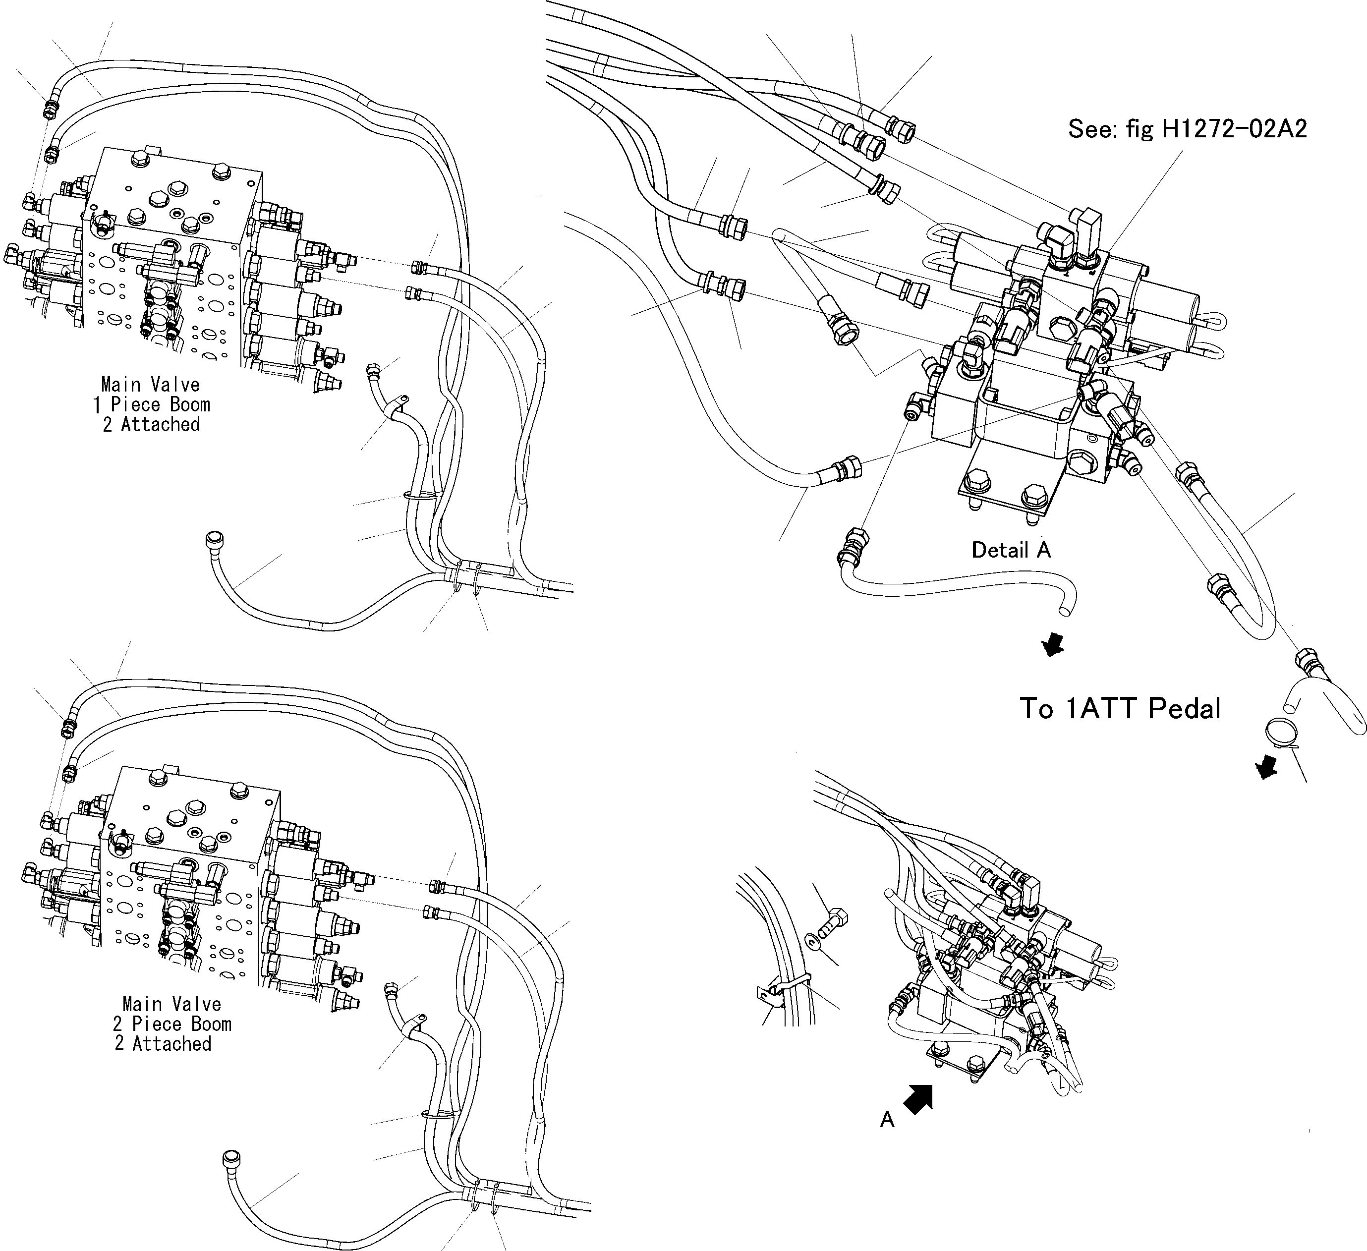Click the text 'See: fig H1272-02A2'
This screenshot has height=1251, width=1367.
(1187, 129)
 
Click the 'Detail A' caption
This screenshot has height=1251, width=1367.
(1011, 550)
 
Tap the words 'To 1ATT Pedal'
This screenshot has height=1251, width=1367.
(1120, 709)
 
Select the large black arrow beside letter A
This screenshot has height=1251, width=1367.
(919, 1098)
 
